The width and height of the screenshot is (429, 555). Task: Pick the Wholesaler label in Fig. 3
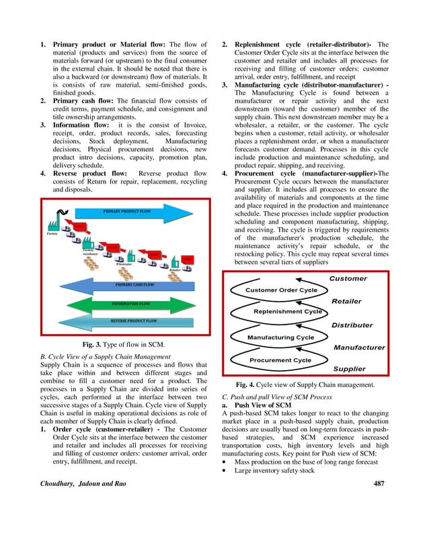coord(123,264)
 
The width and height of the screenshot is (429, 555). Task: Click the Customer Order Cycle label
coord(281,290)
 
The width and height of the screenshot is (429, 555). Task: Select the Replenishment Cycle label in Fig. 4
coord(288,312)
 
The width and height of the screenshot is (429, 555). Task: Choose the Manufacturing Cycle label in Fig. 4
coord(280,337)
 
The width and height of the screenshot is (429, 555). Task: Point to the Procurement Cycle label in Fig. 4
coord(280,360)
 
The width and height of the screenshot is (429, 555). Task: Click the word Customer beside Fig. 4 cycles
coord(348,278)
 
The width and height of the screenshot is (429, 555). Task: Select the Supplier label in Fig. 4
coord(350,369)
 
